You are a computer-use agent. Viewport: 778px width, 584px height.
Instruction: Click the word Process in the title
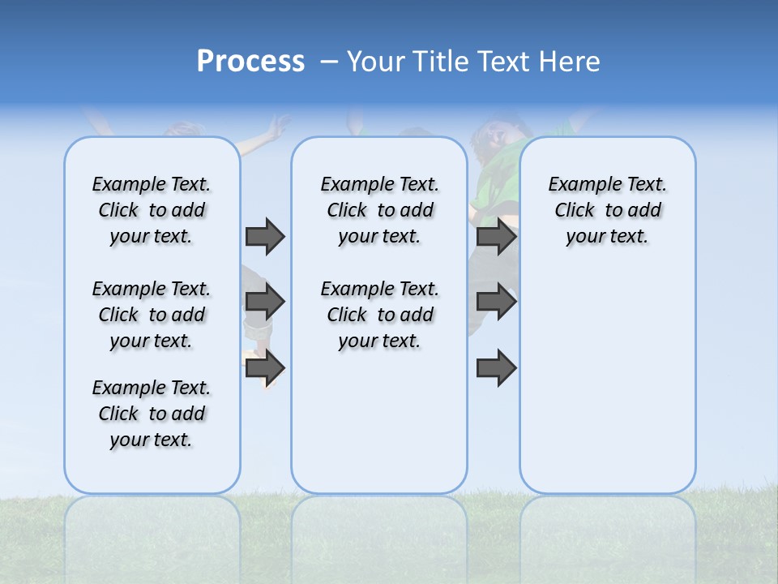tap(250, 62)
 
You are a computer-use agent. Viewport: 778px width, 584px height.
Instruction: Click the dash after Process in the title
tap(329, 62)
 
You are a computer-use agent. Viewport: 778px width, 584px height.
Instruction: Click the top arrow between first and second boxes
tap(265, 236)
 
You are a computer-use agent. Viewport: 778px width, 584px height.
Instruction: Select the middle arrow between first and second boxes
tap(265, 302)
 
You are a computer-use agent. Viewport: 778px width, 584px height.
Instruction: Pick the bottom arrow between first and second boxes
tap(265, 367)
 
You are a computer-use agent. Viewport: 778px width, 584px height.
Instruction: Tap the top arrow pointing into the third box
tap(496, 236)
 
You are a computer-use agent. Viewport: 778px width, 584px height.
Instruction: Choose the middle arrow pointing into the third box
tap(496, 302)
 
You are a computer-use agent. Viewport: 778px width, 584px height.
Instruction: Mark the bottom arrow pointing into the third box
tap(496, 367)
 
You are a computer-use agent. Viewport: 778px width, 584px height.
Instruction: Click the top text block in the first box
tap(152, 210)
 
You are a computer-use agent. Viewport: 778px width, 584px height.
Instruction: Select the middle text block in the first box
tap(152, 315)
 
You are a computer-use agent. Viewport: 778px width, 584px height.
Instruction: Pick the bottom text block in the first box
tap(152, 414)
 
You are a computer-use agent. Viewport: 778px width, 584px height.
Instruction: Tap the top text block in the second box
tap(379, 210)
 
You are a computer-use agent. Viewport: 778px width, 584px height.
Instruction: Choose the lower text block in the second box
tap(379, 315)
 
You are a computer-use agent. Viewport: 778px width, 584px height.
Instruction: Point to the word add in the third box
tap(645, 211)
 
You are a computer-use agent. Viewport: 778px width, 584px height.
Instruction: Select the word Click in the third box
tap(575, 211)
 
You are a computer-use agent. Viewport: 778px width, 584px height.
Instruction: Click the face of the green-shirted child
tap(491, 135)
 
